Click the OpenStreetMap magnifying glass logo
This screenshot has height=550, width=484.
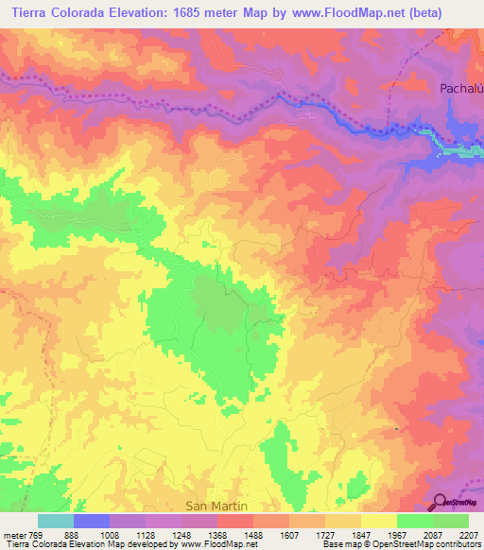pyautogui.click(x=441, y=502)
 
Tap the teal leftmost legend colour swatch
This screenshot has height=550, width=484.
pyautogui.click(x=55, y=521)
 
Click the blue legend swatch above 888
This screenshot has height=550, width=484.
pyautogui.click(x=91, y=521)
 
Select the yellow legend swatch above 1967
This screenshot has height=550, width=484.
pyautogui.click(x=378, y=521)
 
